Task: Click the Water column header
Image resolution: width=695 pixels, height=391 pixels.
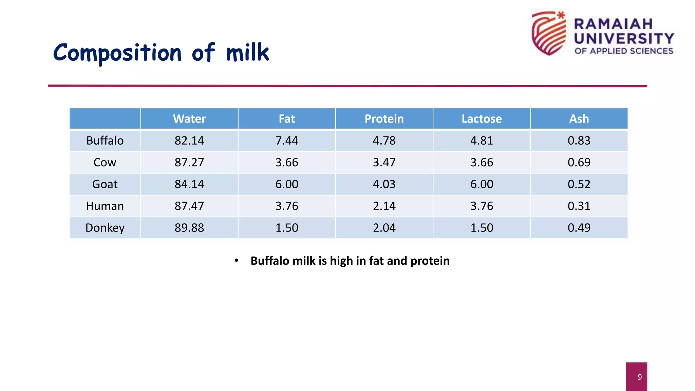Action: click(x=189, y=119)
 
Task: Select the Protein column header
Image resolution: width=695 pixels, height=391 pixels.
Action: click(x=384, y=119)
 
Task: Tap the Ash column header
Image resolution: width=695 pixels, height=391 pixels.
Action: click(x=579, y=119)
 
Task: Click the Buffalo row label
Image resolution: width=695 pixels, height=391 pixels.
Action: click(x=105, y=141)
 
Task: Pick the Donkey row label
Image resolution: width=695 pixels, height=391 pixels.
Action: click(x=105, y=228)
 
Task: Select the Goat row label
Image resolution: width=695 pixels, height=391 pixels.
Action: click(x=105, y=184)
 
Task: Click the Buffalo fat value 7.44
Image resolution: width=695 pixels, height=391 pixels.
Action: click(x=286, y=141)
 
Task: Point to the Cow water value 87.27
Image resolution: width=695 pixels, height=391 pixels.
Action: click(x=189, y=162)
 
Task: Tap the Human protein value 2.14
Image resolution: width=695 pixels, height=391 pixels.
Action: click(x=384, y=206)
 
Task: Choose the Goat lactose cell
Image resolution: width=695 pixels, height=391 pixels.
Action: click(x=481, y=184)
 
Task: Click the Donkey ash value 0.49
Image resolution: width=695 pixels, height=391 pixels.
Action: click(x=579, y=228)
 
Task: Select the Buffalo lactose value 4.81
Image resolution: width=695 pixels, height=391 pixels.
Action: click(x=481, y=141)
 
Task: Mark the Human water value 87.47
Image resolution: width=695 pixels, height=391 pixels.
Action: click(x=189, y=206)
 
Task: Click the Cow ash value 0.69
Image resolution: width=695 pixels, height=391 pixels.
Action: click(x=579, y=162)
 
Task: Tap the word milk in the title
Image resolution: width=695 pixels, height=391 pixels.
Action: click(x=247, y=53)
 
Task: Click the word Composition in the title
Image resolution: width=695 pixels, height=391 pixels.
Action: click(x=117, y=54)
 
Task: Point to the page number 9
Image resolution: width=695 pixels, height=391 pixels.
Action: click(x=639, y=377)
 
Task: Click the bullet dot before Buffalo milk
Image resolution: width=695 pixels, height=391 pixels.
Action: click(x=237, y=260)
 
